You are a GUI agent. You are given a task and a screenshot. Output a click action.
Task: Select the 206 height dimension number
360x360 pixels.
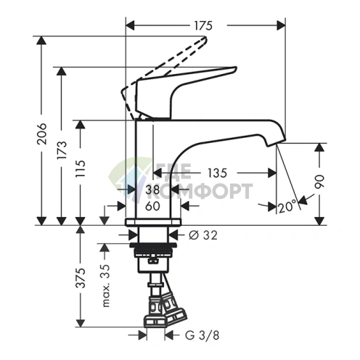pyautogui.click(x=41, y=134)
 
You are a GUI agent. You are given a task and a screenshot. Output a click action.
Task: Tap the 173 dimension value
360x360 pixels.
pyautogui.click(x=62, y=150)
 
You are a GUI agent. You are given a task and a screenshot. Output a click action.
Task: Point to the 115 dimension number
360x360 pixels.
pyautogui.click(x=81, y=168)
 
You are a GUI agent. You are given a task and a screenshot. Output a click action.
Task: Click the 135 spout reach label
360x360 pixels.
pyautogui.click(x=218, y=173)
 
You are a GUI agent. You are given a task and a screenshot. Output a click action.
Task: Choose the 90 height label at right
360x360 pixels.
pyautogui.click(x=320, y=181)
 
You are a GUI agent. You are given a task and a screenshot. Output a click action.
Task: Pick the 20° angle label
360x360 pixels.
pyautogui.click(x=287, y=207)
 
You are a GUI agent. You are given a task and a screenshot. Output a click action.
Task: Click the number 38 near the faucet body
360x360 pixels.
pyautogui.click(x=152, y=189)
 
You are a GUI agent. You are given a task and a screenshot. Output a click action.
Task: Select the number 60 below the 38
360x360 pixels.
pyautogui.click(x=152, y=206)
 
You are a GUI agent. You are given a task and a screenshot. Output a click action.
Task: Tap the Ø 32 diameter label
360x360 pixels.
pyautogui.click(x=203, y=235)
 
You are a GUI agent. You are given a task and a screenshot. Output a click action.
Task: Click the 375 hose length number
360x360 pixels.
pyautogui.click(x=81, y=278)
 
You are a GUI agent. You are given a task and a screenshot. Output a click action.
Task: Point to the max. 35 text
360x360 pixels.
pyautogui.click(x=106, y=285)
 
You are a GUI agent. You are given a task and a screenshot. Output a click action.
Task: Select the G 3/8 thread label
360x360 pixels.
pyautogui.click(x=202, y=335)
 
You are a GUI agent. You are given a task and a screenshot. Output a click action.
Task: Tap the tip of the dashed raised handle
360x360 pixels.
pyautogui.click(x=205, y=38)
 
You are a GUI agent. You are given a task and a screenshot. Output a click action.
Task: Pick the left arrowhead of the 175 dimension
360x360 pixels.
pyautogui.click(x=130, y=25)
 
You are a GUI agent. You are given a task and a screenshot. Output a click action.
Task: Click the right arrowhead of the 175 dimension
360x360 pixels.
pyautogui.click(x=281, y=25)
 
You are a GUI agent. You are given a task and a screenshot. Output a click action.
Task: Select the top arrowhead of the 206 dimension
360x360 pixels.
pyautogui.click(x=41, y=40)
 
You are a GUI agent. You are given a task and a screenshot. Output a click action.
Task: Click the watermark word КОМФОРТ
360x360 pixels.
pyautogui.click(x=204, y=191)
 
